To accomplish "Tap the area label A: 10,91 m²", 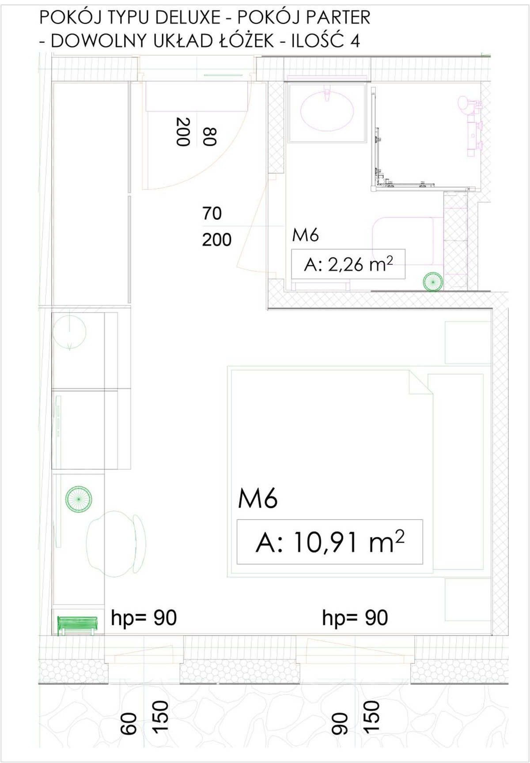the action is point(329,542).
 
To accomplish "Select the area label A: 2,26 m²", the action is point(348,265).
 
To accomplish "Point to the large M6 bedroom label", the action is point(258,499).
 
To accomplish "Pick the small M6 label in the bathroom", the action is point(305,235).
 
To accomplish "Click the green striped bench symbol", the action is point(77,626).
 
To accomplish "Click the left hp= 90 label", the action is point(144,618).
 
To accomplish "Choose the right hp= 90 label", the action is point(355,618).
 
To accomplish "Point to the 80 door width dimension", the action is point(209,136).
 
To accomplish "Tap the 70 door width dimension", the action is point(212,214).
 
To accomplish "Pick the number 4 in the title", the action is point(354,41).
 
